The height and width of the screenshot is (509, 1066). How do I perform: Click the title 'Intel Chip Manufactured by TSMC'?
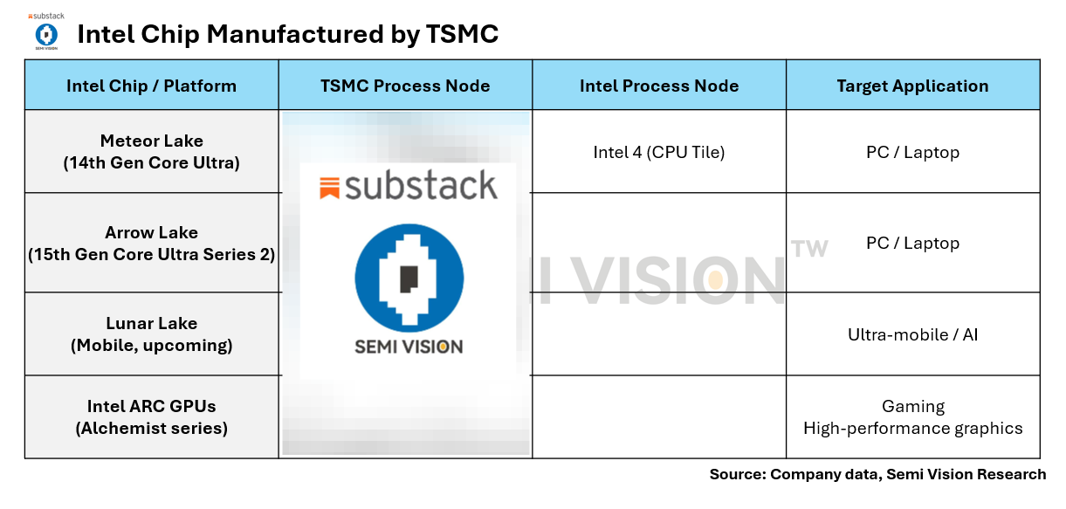(287, 34)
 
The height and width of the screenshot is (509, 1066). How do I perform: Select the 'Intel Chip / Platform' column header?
(151, 86)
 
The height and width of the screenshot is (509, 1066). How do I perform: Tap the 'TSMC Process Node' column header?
(405, 86)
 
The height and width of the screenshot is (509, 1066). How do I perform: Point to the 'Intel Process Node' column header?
(658, 86)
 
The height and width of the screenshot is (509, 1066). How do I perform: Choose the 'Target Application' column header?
(912, 86)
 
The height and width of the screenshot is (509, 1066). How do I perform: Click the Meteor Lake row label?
(151, 151)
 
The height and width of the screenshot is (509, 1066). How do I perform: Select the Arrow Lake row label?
(151, 244)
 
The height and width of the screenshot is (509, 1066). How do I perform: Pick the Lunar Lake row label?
(151, 334)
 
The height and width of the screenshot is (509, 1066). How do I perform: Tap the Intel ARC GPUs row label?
(151, 416)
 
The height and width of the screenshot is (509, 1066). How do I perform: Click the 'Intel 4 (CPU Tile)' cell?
(658, 152)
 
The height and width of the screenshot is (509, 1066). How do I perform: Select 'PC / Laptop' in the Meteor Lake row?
(912, 152)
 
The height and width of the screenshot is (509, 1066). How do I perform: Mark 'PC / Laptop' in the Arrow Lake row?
(912, 243)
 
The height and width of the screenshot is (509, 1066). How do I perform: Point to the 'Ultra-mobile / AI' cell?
(912, 334)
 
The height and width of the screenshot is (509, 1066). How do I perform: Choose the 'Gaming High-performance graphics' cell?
(912, 417)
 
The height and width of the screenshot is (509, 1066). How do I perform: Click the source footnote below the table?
(877, 474)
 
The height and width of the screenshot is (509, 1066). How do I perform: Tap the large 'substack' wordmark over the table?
(408, 186)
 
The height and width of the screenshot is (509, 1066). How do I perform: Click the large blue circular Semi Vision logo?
(409, 278)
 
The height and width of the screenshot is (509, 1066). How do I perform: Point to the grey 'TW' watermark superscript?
(808, 249)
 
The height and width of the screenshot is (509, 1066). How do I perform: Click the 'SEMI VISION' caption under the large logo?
(409, 347)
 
